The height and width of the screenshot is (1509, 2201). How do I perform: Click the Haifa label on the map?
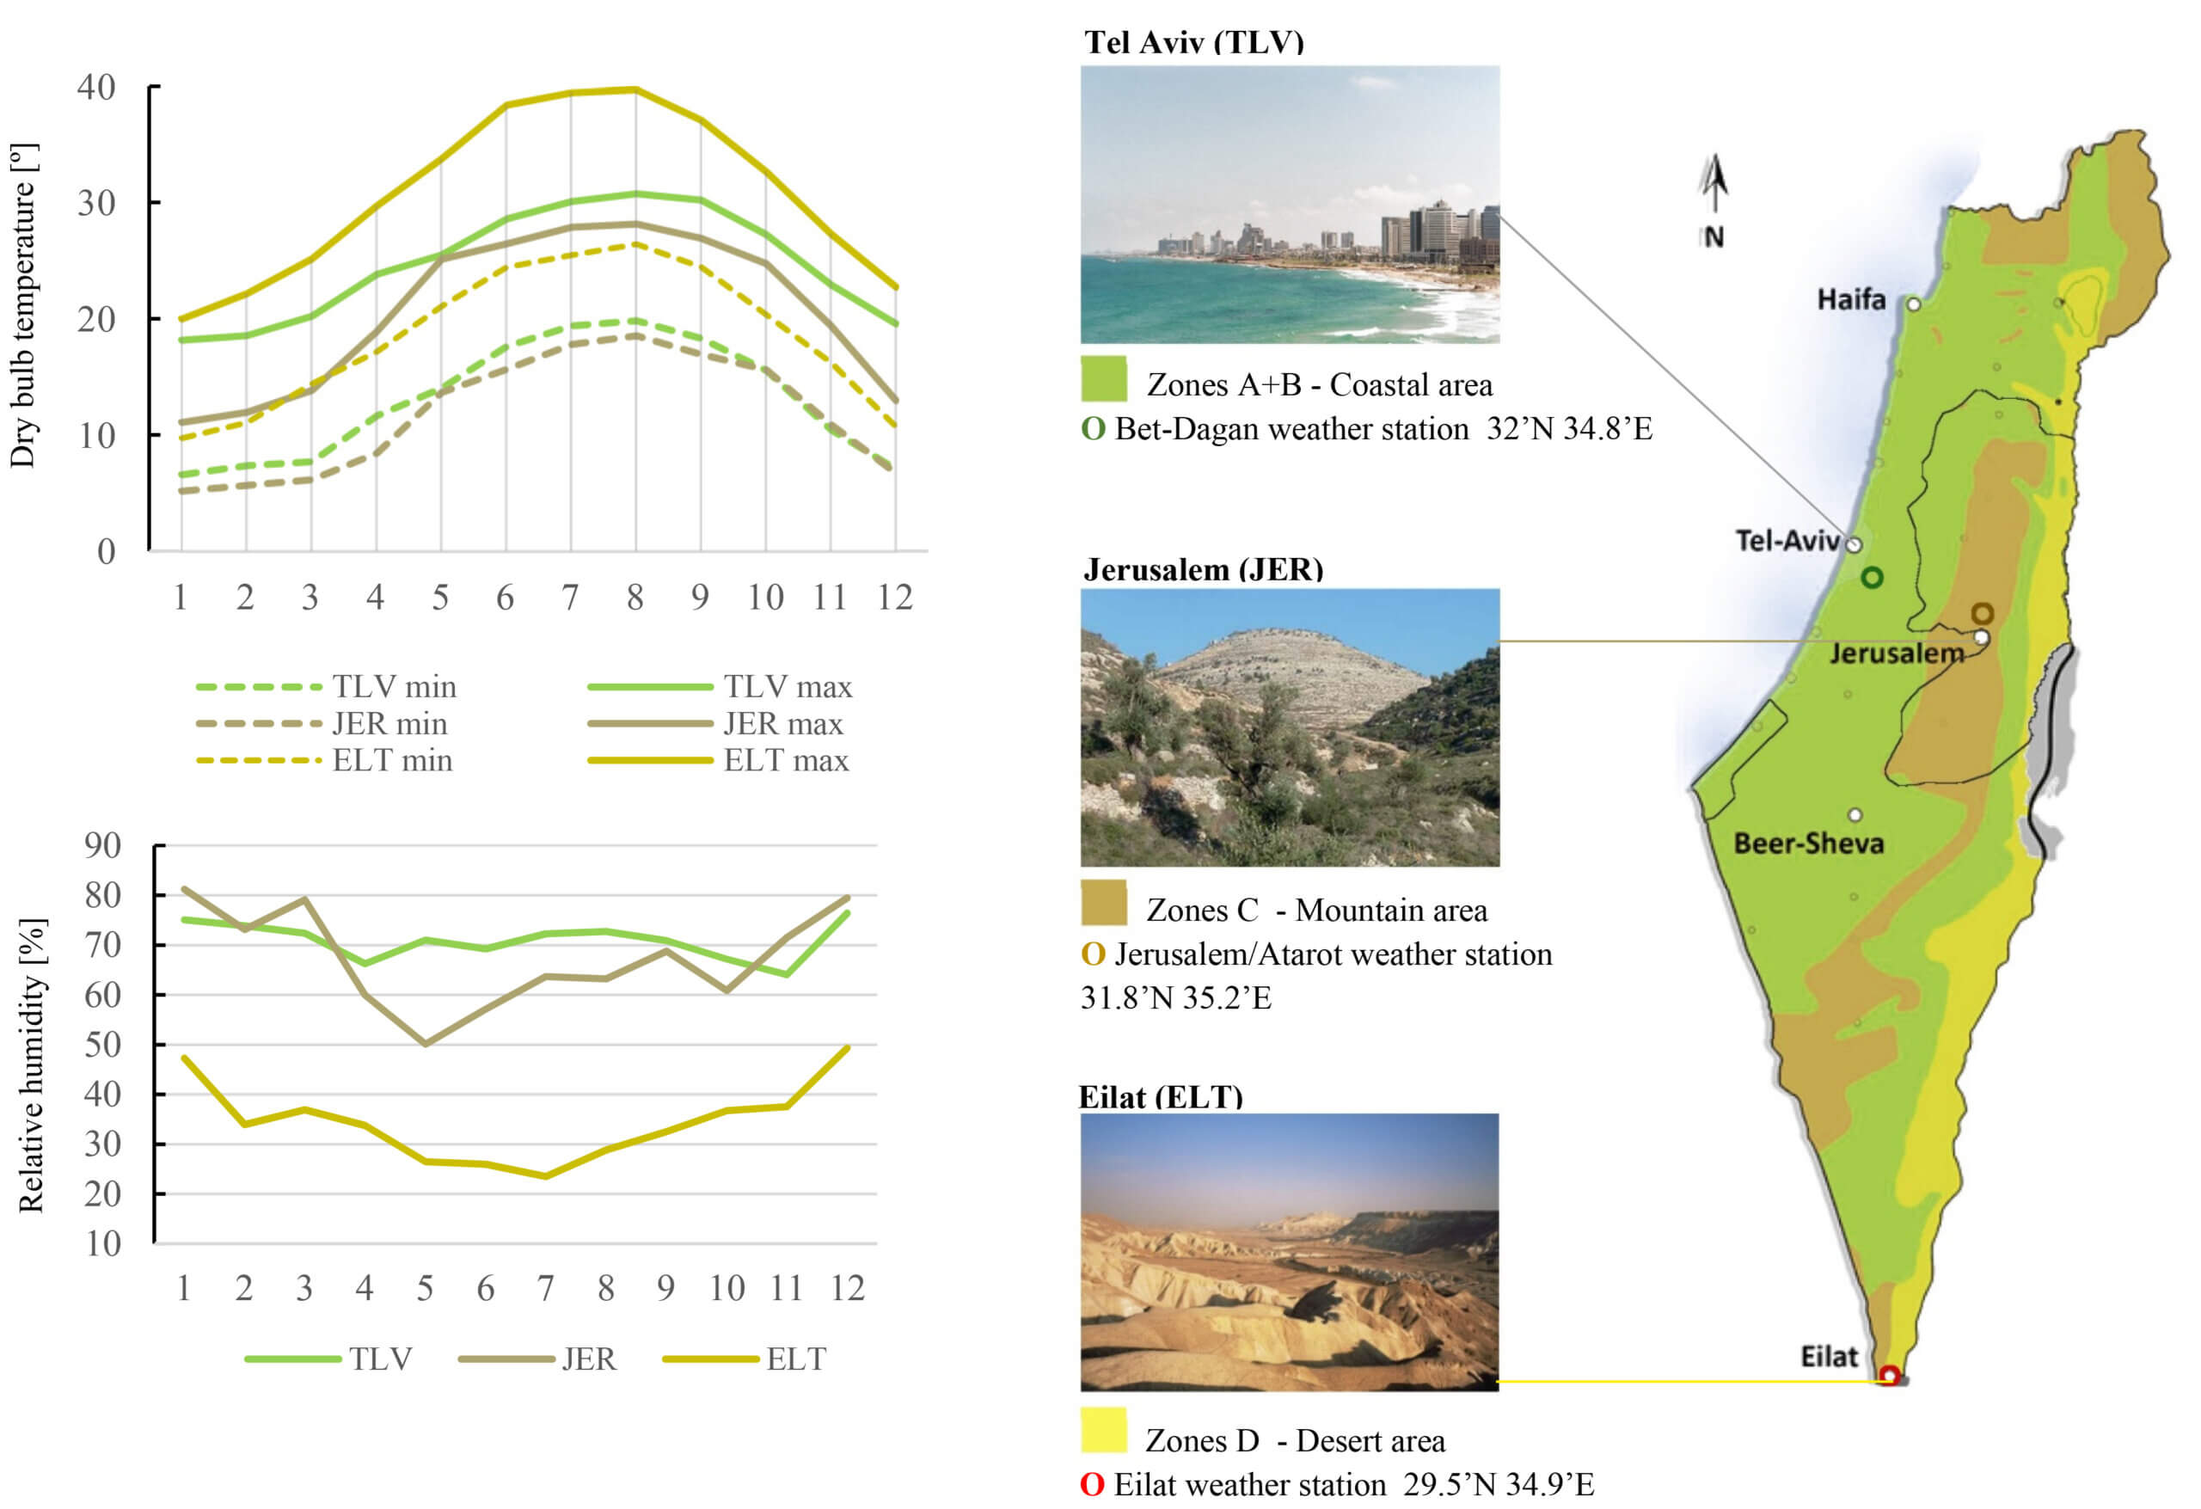point(1849,300)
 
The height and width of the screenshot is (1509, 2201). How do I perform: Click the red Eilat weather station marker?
point(1888,1375)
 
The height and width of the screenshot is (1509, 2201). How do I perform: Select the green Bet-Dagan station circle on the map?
point(1872,577)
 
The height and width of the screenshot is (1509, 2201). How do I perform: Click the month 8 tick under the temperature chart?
point(635,598)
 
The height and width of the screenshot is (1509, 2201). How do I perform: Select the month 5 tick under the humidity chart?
point(426,1288)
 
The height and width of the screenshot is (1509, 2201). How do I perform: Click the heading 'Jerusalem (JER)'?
point(1203,569)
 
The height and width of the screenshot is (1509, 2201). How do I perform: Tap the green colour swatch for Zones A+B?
point(1103,379)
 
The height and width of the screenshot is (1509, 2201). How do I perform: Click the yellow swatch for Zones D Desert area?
point(1103,1431)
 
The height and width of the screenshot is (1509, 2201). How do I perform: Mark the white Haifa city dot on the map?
point(1913,304)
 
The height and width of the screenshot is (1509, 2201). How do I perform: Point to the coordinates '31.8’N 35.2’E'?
point(1175,997)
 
